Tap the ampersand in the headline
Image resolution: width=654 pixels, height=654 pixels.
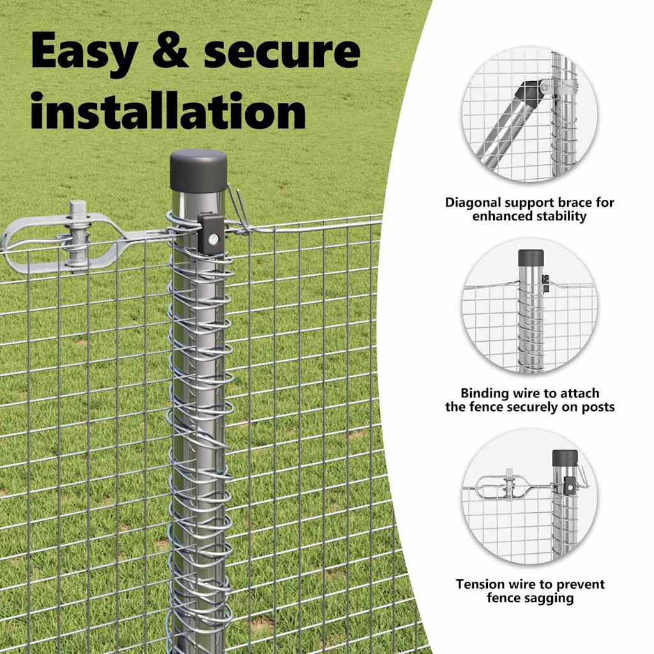point(170,50)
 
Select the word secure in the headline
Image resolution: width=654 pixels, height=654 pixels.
point(282,52)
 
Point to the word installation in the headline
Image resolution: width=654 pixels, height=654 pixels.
point(169,110)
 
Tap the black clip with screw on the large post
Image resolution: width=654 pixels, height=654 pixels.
point(211,234)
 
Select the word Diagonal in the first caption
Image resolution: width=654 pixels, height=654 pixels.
point(473,202)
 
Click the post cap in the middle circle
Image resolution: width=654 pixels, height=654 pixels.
point(531,258)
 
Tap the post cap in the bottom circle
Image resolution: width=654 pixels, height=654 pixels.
point(565,458)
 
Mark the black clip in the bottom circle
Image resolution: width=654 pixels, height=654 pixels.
point(569,485)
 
